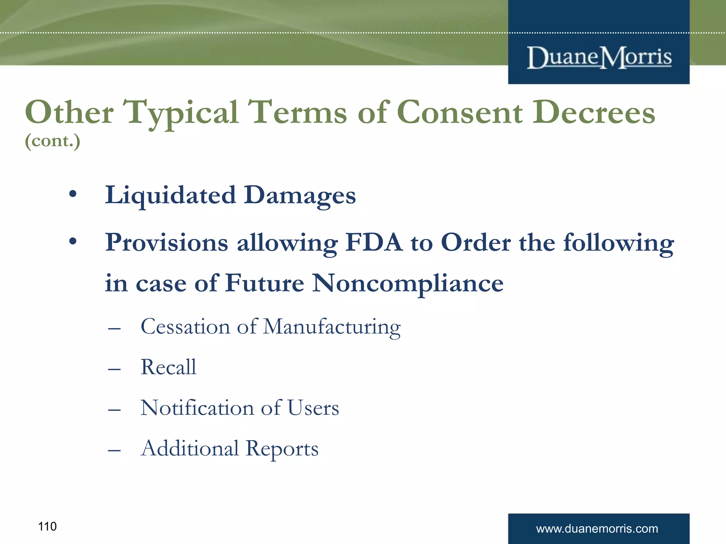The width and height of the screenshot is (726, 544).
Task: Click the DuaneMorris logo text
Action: (599, 57)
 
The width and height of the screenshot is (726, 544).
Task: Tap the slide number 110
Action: (47, 527)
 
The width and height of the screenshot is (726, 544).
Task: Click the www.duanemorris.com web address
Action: (597, 529)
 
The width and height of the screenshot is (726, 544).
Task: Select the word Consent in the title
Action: (459, 113)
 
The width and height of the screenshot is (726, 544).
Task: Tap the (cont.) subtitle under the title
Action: (52, 141)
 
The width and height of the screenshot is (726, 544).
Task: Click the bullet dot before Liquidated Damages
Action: (73, 194)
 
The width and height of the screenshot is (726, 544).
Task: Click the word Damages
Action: (300, 195)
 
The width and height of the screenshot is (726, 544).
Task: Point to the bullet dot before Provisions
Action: (73, 242)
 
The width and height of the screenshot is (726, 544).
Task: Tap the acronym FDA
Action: (374, 243)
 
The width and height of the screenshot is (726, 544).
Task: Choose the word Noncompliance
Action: (408, 283)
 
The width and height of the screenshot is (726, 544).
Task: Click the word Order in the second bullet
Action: (475, 243)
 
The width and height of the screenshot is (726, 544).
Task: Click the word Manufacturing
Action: (332, 327)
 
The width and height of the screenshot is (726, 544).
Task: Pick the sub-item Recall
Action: (168, 367)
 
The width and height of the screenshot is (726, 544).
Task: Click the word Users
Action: (313, 408)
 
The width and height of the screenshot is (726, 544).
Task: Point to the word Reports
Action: (282, 449)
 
